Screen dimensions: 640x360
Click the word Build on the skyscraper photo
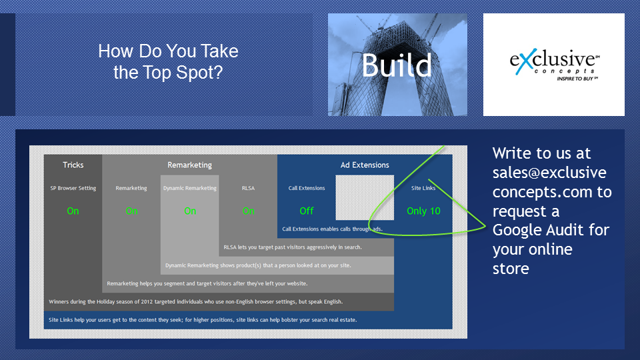(x=396, y=65)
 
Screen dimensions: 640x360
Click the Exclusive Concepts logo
(x=554, y=65)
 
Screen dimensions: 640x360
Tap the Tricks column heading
(x=73, y=165)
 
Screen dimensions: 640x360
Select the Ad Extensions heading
(x=365, y=165)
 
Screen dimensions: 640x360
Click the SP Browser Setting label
(x=73, y=188)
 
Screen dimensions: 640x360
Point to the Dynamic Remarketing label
(x=190, y=188)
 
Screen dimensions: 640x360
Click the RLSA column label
(x=248, y=188)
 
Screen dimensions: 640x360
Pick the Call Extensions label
(x=307, y=188)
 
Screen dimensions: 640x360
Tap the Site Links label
(x=423, y=188)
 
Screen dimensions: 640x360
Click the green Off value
(x=307, y=211)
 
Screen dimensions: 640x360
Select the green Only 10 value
(x=423, y=211)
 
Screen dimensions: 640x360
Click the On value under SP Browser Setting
(x=73, y=211)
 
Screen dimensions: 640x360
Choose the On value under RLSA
(x=248, y=211)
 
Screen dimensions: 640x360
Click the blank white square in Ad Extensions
(x=365, y=197)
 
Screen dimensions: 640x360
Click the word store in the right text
(x=511, y=269)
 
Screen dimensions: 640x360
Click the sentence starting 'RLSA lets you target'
(x=293, y=247)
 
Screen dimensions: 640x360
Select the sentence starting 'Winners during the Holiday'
(x=195, y=302)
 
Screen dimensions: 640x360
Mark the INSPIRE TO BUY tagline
(x=577, y=79)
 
